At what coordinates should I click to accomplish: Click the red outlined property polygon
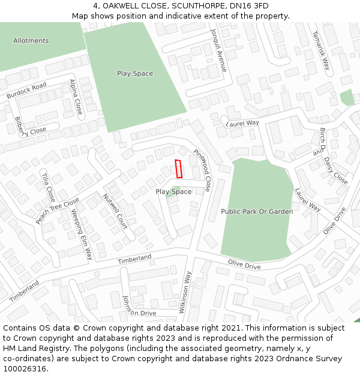pyautogui.click(x=178, y=169)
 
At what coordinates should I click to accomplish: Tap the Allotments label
pyautogui.click(x=31, y=41)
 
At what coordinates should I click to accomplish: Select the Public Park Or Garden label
pyautogui.click(x=257, y=212)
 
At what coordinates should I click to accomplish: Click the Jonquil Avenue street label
pyautogui.click(x=218, y=50)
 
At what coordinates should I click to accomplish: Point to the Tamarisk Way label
pyautogui.click(x=321, y=51)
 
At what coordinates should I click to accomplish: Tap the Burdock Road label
pyautogui.click(x=26, y=91)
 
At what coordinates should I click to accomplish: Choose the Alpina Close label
pyautogui.click(x=76, y=97)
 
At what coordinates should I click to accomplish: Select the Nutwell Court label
pyautogui.click(x=115, y=211)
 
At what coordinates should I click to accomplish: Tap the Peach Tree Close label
pyautogui.click(x=57, y=211)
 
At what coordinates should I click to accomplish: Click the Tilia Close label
pyautogui.click(x=48, y=187)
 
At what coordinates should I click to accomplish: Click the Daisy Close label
pyautogui.click(x=335, y=170)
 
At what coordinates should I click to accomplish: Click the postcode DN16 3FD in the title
pyautogui.click(x=250, y=6)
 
